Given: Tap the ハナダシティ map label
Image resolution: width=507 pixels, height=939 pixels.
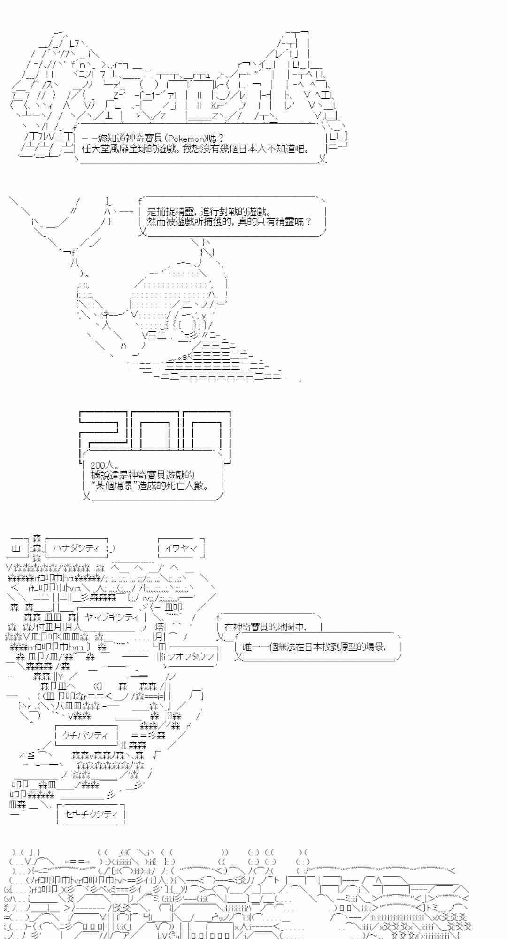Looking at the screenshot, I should [76, 548].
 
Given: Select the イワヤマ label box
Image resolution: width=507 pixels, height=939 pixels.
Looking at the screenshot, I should [181, 548].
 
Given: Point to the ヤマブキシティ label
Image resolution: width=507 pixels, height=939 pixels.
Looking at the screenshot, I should [111, 616].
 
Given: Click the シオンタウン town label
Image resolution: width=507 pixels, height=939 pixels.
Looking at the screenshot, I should [190, 656].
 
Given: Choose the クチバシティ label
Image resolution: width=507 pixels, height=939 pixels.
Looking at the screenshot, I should [85, 735].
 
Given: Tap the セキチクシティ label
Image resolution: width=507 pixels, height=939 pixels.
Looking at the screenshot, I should [91, 814].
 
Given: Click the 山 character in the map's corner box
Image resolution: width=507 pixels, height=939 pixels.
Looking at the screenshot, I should [16, 548].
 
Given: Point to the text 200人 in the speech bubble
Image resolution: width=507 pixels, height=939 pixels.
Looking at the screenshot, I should [104, 465].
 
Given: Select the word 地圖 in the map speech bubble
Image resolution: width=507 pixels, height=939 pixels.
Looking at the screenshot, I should [282, 627].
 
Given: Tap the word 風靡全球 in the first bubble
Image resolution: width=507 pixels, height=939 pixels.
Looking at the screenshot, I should [135, 149].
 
